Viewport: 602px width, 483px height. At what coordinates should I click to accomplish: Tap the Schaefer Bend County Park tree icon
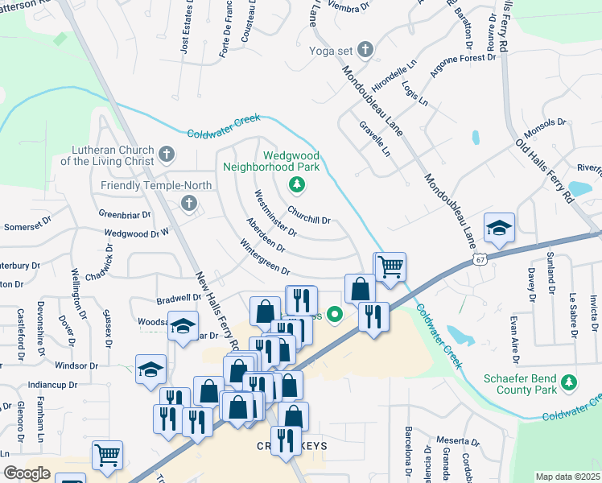tap(570, 381)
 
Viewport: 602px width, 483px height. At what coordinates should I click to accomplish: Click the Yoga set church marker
tap(365, 51)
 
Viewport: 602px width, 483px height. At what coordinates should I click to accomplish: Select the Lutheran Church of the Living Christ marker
tap(167, 154)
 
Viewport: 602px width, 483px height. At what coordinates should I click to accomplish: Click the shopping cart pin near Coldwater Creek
tap(390, 266)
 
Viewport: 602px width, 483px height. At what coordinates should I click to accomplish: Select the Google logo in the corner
tap(27, 473)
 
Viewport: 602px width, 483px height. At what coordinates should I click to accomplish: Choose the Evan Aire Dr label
tap(513, 334)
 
